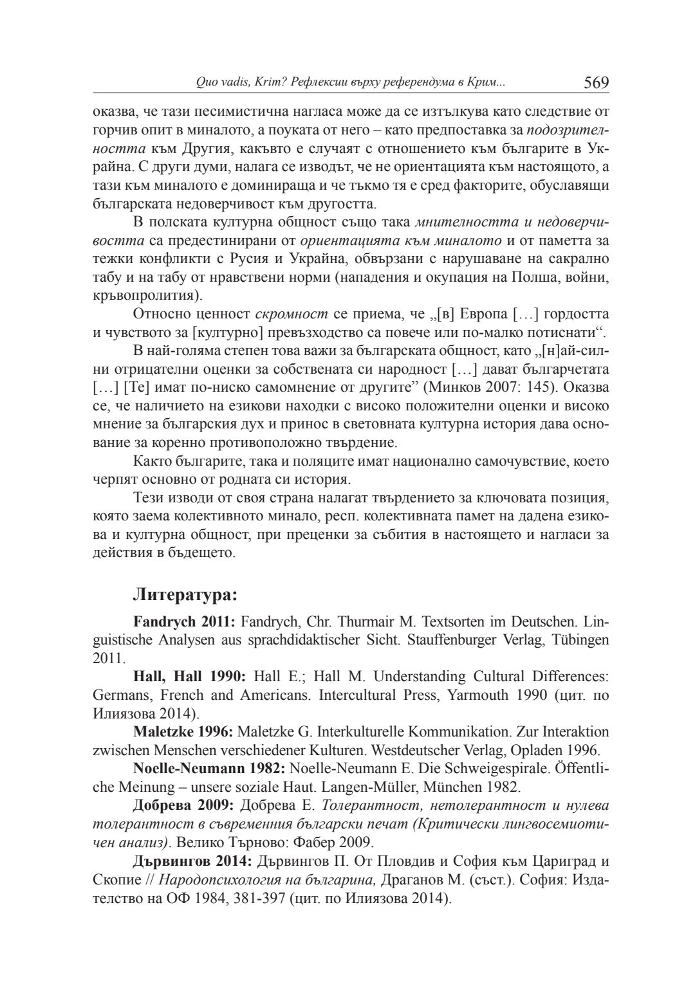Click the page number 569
pos(596,82)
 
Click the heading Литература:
pos(185,594)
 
